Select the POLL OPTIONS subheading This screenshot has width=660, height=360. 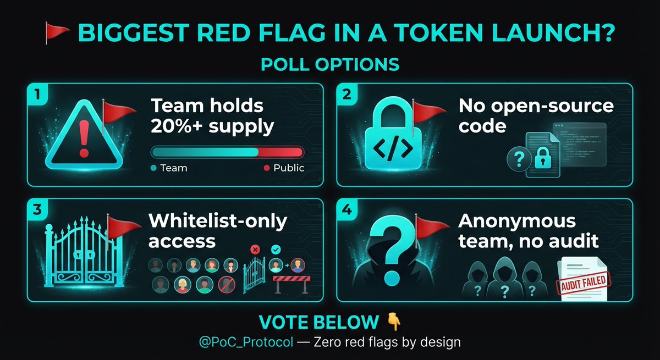point(330,64)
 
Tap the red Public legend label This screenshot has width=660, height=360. point(288,168)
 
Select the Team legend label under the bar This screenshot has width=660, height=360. point(173,168)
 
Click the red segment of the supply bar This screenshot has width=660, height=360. point(280,152)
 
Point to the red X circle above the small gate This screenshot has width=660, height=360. point(255,250)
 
